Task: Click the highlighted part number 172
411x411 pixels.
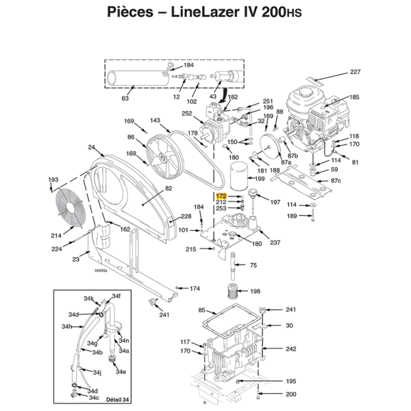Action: [x=221, y=196]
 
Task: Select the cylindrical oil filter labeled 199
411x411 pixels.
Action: [x=238, y=177]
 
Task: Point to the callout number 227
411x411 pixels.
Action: [x=355, y=71]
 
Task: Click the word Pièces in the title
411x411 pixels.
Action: [x=130, y=12]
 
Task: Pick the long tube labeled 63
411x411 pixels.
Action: [x=137, y=77]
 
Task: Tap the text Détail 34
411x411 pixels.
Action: [x=117, y=399]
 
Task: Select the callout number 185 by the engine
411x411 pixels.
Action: [x=354, y=97]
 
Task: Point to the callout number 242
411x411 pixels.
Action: [x=291, y=349]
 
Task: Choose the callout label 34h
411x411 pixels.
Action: [x=66, y=326]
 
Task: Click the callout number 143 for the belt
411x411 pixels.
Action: [x=155, y=120]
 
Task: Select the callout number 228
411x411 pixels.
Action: [x=186, y=216]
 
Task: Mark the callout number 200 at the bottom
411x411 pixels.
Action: [x=291, y=394]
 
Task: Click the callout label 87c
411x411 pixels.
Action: [x=336, y=180]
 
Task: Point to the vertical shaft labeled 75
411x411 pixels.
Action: [x=233, y=266]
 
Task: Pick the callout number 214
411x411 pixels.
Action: [x=56, y=236]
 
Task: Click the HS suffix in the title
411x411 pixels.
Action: [x=293, y=13]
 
